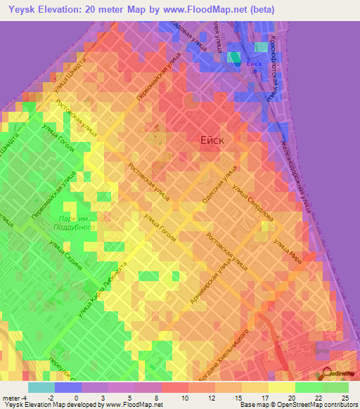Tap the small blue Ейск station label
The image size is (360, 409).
(255, 63)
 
